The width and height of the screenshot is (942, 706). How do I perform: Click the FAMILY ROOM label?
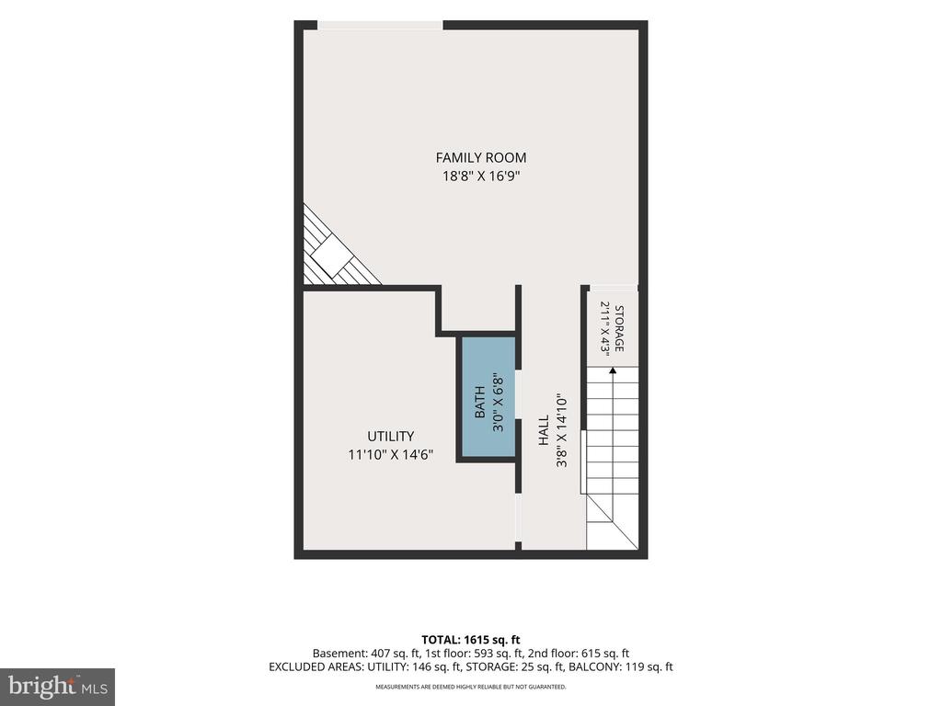click(x=480, y=158)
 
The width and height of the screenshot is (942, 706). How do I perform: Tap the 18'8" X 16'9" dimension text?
click(x=480, y=176)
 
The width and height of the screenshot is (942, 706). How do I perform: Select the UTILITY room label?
click(x=390, y=437)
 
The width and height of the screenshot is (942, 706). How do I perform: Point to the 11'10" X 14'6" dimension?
click(x=390, y=455)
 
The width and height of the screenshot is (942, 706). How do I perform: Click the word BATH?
click(x=480, y=403)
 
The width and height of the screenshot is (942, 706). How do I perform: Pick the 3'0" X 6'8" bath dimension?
click(x=498, y=403)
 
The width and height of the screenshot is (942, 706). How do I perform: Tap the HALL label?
click(x=544, y=430)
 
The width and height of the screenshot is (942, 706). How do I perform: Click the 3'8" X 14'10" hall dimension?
click(x=562, y=430)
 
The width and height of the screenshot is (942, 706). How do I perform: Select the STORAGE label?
click(x=619, y=329)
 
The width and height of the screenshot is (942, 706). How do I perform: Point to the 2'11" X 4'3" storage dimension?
click(x=605, y=329)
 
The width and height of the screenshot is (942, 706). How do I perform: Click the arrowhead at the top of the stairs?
click(x=613, y=370)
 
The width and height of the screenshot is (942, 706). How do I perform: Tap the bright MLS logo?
click(x=58, y=686)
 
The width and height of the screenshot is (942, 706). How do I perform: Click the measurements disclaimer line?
click(x=471, y=687)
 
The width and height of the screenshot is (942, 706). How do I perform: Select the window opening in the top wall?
click(x=380, y=25)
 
